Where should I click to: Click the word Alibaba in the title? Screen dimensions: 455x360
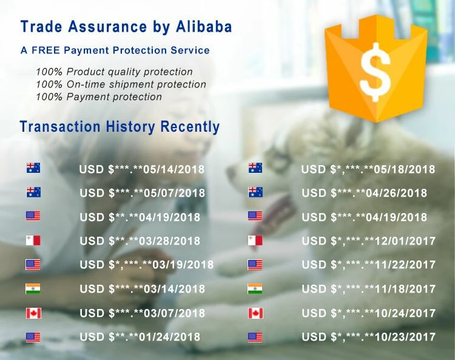(204, 27)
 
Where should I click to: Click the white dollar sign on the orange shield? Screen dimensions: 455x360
(375, 72)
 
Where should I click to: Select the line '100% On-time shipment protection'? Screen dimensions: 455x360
(121, 84)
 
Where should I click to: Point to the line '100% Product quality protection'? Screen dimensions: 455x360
(114, 72)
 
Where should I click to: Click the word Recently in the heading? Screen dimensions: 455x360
(190, 127)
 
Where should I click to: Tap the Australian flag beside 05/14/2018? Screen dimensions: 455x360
(33, 168)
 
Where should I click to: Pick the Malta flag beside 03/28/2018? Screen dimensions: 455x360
(33, 240)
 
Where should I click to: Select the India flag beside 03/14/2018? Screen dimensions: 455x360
(33, 288)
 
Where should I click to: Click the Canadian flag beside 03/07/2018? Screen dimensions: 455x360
(33, 313)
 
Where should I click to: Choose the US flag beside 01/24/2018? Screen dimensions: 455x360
(33, 338)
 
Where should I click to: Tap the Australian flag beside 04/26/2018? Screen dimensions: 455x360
(255, 192)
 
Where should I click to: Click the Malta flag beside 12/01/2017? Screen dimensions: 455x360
(255, 240)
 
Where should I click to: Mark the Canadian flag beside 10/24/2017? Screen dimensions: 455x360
(255, 313)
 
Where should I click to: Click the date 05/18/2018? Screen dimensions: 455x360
(405, 169)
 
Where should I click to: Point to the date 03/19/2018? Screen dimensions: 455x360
(183, 265)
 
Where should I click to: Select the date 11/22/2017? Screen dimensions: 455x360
(405, 265)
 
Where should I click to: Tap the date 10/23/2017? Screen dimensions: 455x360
(405, 337)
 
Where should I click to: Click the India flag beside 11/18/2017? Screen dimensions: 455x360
(255, 288)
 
